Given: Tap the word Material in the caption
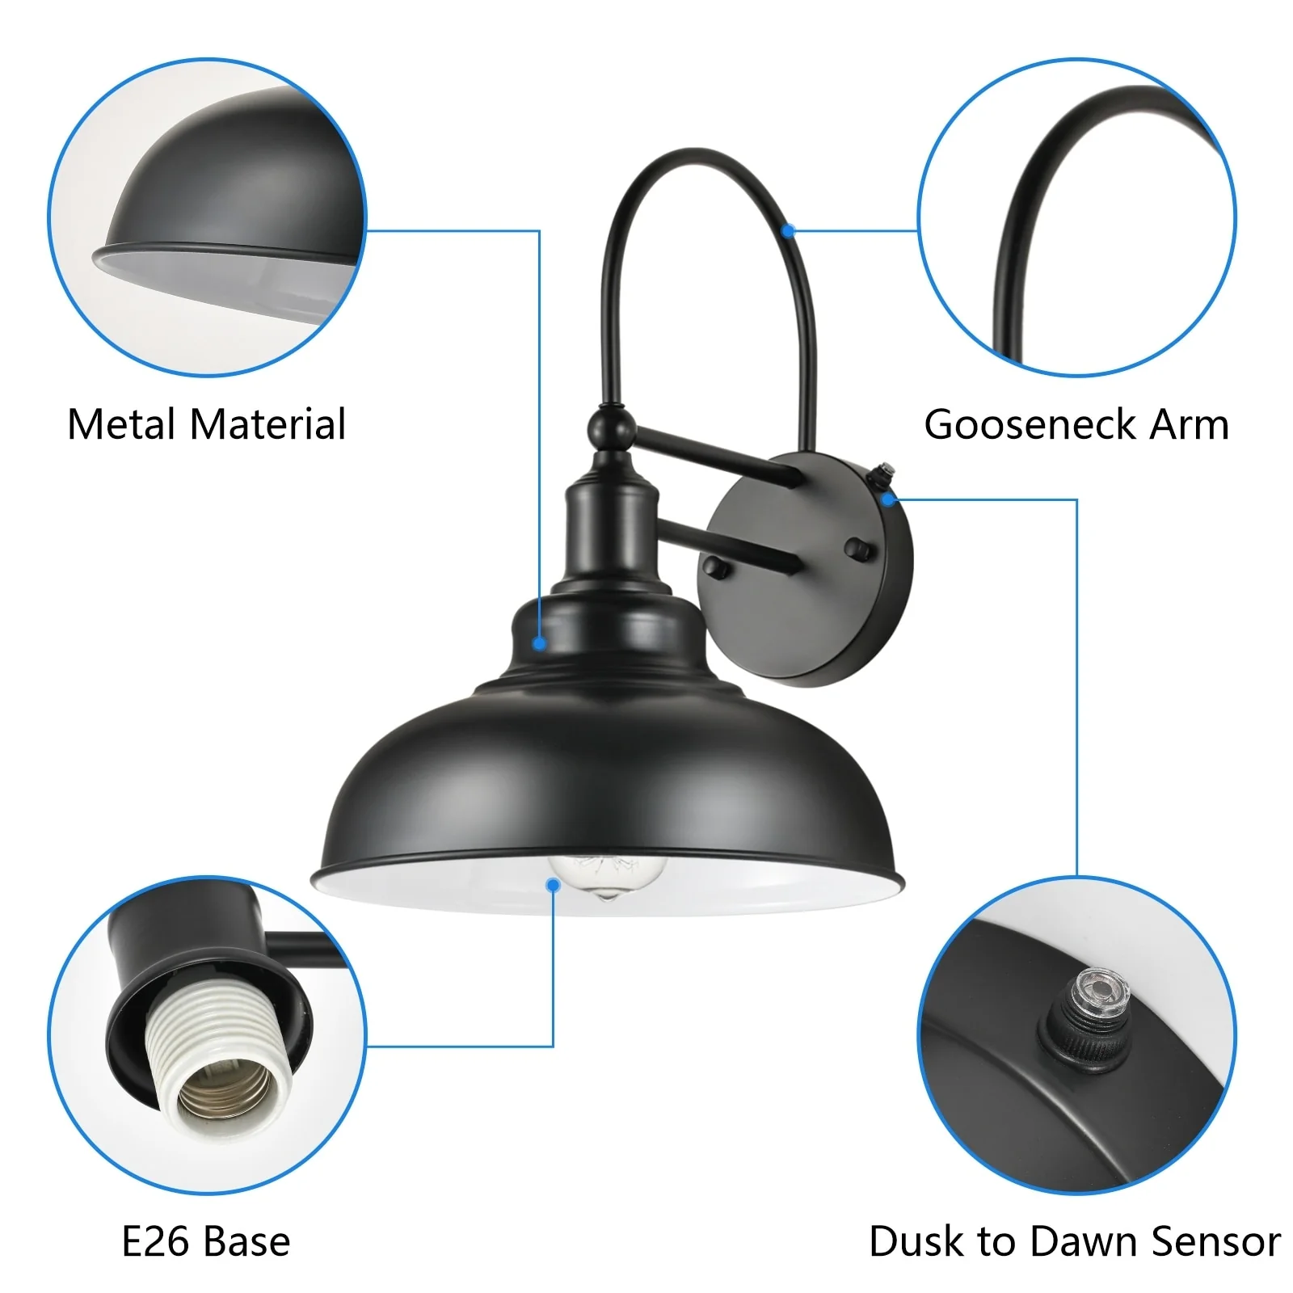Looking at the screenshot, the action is click(267, 424).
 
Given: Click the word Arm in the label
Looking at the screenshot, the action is click(1189, 424).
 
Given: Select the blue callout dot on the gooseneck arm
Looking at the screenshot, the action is click(790, 231).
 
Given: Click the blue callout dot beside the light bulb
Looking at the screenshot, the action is click(554, 886).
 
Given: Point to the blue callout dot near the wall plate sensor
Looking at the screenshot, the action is click(889, 499).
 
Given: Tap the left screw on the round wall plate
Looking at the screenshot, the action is click(716, 566).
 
